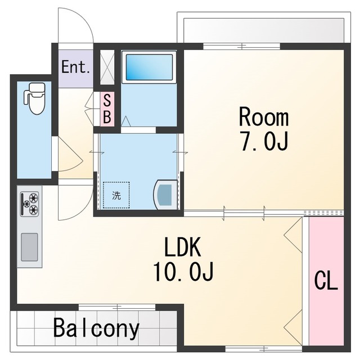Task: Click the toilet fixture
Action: coord(34,99)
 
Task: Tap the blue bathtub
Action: coord(149,67)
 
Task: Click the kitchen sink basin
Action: coord(29,247)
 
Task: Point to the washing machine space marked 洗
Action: coord(116,195)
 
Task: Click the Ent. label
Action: coord(75,67)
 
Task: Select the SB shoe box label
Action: coord(107,109)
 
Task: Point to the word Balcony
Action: coord(96,328)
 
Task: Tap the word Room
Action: coord(264,117)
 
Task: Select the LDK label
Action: coord(183,247)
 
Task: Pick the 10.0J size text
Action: coord(183,271)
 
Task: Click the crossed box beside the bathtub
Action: coord(107,67)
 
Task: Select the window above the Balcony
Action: coord(117,307)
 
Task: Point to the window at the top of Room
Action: coord(241,46)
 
